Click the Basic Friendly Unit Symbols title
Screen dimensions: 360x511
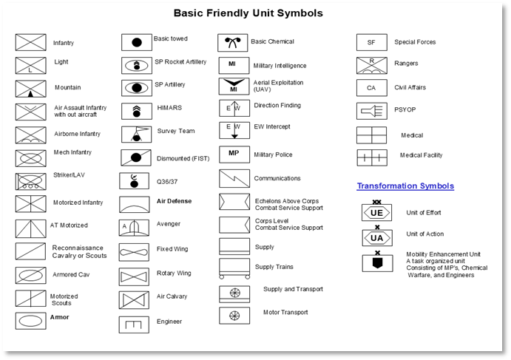[x=248, y=13]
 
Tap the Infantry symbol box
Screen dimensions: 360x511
[x=30, y=42]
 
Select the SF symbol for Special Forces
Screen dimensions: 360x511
[x=371, y=42]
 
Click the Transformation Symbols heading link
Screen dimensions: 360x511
[x=405, y=186]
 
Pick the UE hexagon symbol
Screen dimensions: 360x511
[x=376, y=213]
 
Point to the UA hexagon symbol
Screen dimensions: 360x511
[x=376, y=238]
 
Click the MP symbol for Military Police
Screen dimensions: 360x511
[x=234, y=154]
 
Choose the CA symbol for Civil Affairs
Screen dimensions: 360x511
[x=371, y=87]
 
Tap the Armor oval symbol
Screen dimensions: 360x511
[x=30, y=321]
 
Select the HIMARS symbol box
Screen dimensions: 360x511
[x=136, y=110]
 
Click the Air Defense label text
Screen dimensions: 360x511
[x=174, y=201]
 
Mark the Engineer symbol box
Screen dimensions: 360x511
[x=134, y=324]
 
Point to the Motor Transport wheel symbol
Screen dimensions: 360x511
[x=234, y=315]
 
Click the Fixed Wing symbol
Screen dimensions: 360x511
[x=134, y=251]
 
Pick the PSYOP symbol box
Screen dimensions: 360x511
[x=371, y=110]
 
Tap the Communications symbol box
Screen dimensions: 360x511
[x=234, y=178]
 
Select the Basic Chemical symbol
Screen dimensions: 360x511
[x=232, y=42]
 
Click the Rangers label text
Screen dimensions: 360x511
[x=406, y=64]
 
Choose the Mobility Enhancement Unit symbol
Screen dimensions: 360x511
[x=376, y=262]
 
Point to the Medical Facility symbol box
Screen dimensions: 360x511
[x=371, y=157]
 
